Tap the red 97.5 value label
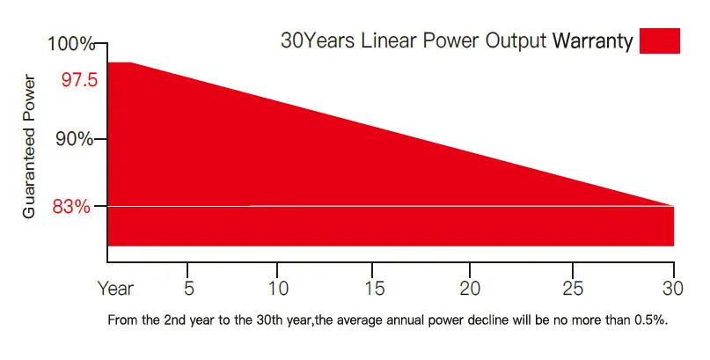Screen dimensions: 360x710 80,80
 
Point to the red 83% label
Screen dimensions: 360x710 72,208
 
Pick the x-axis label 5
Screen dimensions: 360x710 188,288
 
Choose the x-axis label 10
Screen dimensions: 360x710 277,288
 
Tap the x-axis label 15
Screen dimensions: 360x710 374,288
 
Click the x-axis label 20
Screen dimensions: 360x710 470,288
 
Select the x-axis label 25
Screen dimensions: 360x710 573,288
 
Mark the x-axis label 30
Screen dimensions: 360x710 672,288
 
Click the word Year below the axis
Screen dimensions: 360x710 115,288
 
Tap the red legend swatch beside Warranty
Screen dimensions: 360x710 660,41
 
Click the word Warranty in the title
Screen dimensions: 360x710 592,41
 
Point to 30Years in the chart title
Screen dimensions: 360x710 318,41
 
